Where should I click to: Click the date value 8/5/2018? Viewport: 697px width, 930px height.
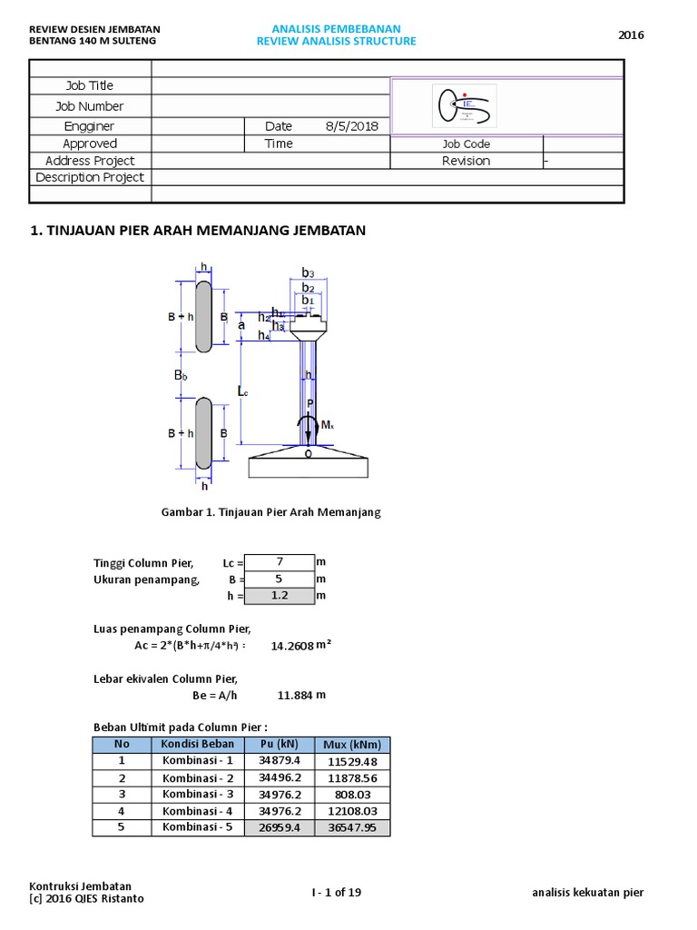coord(351,126)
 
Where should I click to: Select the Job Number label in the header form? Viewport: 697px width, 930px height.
coord(90,106)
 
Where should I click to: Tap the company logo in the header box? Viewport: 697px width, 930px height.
coord(464,106)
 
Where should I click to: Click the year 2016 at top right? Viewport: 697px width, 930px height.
coord(631,35)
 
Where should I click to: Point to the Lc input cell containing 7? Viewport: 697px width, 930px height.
coord(280,562)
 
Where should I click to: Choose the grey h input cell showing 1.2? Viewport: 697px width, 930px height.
coord(280,596)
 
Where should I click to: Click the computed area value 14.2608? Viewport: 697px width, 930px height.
coord(292,646)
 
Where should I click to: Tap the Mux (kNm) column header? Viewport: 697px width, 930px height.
coord(353,745)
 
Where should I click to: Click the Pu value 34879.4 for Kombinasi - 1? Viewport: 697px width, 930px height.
coord(280,761)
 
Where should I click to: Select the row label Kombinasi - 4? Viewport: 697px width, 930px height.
coord(198,811)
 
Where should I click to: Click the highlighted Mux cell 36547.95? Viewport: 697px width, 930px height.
coord(353,828)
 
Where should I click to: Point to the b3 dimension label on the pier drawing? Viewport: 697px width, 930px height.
coord(308,272)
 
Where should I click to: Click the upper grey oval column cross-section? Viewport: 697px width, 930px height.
coord(204,316)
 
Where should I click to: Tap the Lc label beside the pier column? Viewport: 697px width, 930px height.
coord(242,391)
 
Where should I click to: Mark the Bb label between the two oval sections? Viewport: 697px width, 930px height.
coord(181,374)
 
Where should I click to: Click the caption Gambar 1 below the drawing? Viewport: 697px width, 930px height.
coord(271,512)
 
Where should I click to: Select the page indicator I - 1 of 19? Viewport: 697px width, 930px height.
coord(337,892)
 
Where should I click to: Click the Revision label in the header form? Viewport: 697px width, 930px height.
coord(466,161)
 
